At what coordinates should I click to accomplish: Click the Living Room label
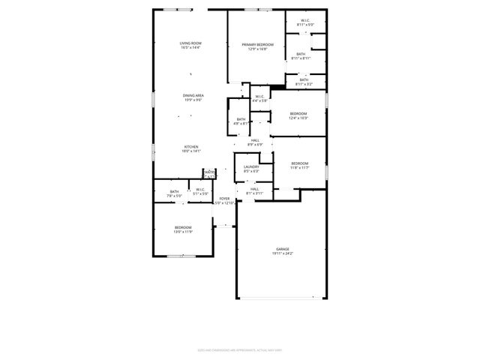190,46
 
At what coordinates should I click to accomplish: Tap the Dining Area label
193,97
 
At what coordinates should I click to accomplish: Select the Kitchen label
190,148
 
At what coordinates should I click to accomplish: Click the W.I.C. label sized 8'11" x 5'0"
304,23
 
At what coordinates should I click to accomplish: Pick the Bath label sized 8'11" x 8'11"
301,56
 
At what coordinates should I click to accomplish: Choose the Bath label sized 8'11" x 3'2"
304,82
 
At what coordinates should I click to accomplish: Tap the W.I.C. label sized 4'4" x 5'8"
259,99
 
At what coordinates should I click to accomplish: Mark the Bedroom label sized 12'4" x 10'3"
298,115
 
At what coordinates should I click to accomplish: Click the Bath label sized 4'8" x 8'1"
241,121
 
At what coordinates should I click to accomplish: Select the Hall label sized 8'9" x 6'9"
255,142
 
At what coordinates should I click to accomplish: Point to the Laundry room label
251,169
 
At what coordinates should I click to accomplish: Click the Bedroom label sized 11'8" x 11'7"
300,165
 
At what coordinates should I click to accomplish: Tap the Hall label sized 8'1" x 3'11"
254,191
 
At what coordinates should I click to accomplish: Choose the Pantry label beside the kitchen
209,174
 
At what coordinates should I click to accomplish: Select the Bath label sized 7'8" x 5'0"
174,193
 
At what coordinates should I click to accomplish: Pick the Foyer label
224,201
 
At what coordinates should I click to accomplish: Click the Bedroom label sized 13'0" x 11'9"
183,229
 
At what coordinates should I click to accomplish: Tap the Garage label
282,251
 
